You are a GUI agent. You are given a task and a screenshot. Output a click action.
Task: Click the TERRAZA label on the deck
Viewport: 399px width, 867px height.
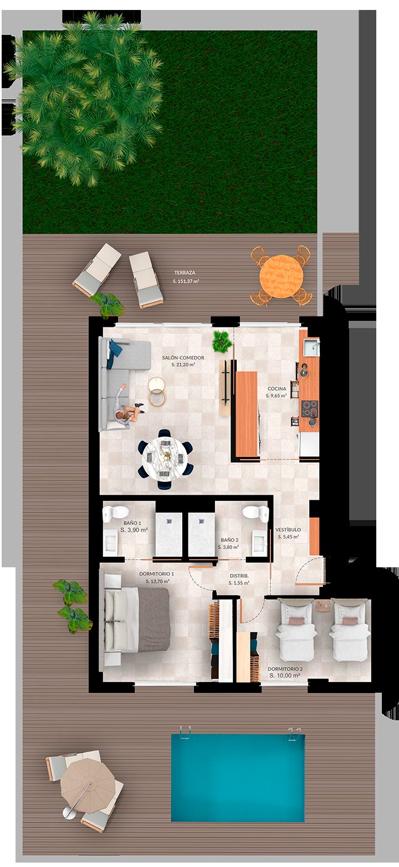coord(185,273)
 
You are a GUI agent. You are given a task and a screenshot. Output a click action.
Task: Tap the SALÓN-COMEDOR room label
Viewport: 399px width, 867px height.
coord(183,358)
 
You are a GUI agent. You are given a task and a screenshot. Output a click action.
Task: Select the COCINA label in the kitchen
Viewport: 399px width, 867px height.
coord(277,388)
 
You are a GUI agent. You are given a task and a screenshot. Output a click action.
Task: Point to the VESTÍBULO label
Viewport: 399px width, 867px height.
coord(288,530)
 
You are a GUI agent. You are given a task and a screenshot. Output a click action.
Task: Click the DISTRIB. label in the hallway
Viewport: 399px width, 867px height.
coord(239,576)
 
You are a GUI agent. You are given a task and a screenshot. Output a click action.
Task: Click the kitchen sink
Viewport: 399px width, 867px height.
coord(311,347)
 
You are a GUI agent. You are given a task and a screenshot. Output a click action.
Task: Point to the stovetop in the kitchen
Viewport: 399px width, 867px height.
coord(310,409)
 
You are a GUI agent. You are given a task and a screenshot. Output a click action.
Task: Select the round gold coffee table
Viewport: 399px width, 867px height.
coord(157,391)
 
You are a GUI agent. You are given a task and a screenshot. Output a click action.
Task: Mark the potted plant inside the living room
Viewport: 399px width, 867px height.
coord(222,341)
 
